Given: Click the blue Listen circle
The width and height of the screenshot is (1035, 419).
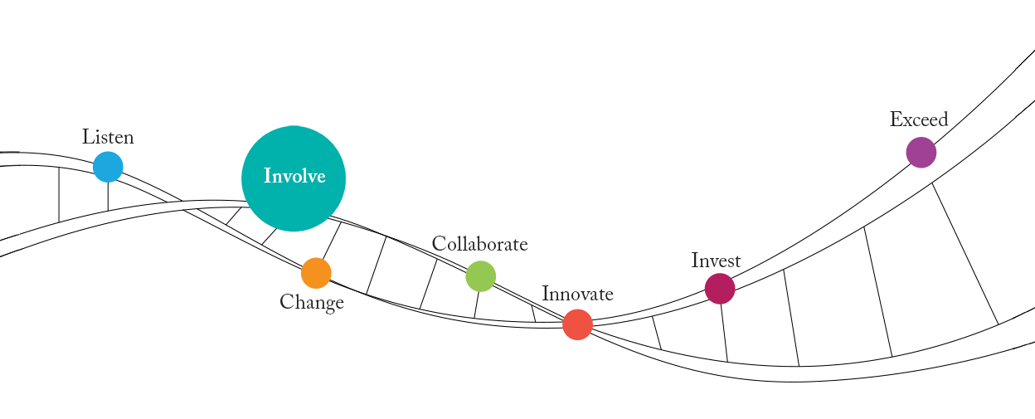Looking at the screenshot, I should (x=108, y=167).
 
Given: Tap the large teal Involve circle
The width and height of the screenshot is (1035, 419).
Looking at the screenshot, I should (x=294, y=178).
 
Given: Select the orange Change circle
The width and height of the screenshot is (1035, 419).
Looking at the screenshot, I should (x=316, y=273).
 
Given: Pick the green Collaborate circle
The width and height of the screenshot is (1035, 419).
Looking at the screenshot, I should (x=481, y=276).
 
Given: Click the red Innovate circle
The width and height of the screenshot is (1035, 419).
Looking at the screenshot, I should (x=577, y=324).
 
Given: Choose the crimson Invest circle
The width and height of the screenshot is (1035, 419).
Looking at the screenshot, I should (x=720, y=289).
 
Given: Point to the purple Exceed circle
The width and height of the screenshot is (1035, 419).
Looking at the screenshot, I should (x=921, y=153).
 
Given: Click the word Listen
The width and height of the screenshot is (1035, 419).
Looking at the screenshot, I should (x=108, y=137).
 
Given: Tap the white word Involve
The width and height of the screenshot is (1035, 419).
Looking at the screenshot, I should (x=294, y=177).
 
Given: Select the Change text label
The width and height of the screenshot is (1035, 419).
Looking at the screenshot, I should (x=312, y=303).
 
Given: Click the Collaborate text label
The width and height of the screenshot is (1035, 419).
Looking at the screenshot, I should (x=479, y=244).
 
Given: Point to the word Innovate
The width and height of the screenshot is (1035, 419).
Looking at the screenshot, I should (x=577, y=294).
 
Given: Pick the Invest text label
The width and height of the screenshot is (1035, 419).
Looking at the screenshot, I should (x=716, y=261).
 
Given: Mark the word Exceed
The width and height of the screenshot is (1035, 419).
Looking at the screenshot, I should (x=919, y=119).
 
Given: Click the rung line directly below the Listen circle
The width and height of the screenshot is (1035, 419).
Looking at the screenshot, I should (x=108, y=196).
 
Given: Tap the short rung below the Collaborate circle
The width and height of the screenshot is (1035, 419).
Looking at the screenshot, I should (x=477, y=305).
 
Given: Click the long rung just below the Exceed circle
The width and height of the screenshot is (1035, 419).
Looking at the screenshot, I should (x=965, y=253).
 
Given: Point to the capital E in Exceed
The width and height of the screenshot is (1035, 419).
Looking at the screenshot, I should (x=896, y=119).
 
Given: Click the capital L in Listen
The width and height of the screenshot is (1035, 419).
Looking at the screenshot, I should (x=87, y=137).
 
